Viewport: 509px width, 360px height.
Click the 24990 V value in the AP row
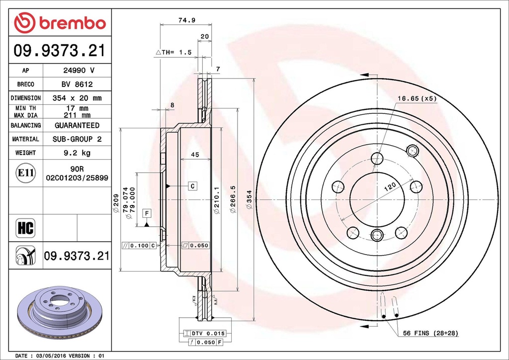point(77,71)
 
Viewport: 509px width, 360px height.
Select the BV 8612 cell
point(77,85)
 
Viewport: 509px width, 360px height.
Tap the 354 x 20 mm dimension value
point(77,98)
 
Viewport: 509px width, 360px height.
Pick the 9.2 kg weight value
point(77,153)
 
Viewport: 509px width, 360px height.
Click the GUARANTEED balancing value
point(77,125)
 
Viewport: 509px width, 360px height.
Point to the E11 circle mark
point(25,173)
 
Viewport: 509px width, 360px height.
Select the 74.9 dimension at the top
point(185,20)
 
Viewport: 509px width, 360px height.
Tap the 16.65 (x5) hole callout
point(417,98)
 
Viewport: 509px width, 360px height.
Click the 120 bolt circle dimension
point(390,187)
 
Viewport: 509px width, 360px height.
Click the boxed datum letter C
point(192,186)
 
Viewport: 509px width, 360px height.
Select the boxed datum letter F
point(147,213)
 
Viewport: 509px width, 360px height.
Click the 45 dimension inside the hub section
point(195,155)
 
